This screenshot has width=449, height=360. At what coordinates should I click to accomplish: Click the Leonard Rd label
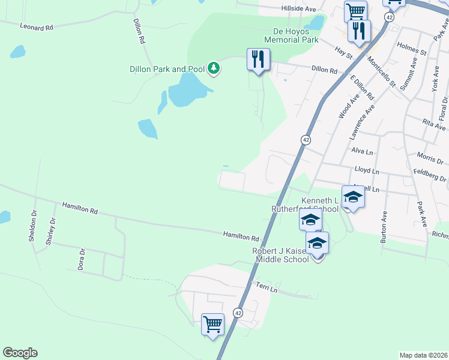[x=37, y=27]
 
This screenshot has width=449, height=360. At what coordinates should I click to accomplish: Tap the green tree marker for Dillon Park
[x=213, y=68]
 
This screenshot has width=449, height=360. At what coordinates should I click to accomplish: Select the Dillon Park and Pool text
[x=167, y=69]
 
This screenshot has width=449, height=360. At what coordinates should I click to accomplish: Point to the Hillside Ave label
[x=298, y=9]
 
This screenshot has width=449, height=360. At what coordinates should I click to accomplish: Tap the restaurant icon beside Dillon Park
[x=259, y=60]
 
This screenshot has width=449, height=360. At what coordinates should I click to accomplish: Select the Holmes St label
[x=411, y=48]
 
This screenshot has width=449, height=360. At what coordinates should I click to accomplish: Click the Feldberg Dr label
[x=430, y=179]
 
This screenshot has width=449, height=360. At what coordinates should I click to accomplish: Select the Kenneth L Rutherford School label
[x=304, y=204]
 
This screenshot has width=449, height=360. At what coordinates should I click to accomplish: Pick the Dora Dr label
[x=81, y=259]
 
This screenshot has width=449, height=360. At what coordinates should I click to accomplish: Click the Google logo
[x=20, y=353]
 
